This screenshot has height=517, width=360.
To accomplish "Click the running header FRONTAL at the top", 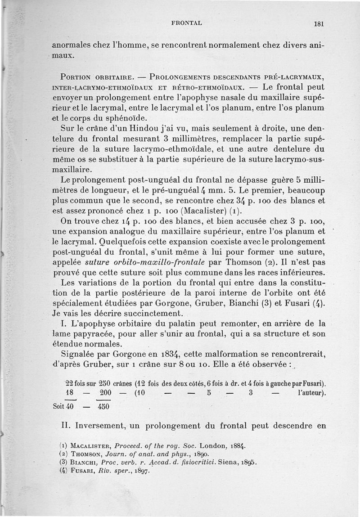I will tap(186, 22).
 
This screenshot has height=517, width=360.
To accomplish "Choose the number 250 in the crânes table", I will tap(106, 383).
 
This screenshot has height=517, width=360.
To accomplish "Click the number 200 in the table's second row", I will tap(105, 393).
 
